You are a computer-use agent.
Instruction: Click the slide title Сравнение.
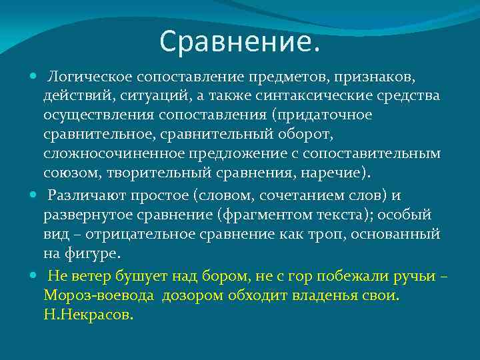coord(240,43)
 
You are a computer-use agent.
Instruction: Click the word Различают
coord(83,196)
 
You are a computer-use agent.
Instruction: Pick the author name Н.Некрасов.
coord(89,315)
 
